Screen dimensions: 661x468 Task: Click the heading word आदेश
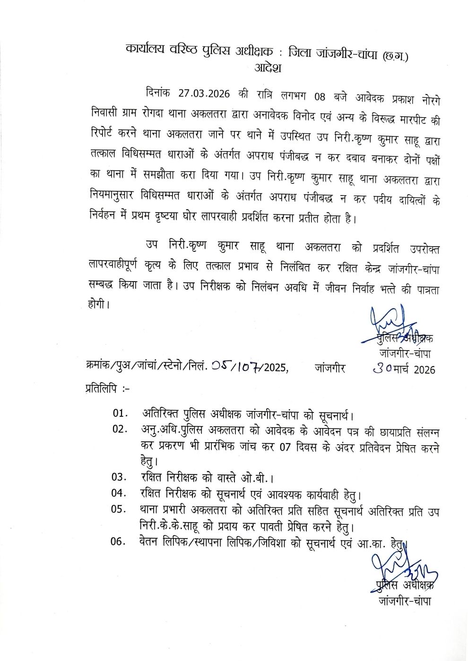268,67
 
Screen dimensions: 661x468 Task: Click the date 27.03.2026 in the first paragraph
204,93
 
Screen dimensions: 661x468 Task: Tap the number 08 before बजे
320,97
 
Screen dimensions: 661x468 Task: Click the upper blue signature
389,324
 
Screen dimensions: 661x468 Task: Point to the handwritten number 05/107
235,366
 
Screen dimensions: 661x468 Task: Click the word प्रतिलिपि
102,389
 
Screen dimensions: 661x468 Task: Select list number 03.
120,477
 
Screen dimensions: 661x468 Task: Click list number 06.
119,541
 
